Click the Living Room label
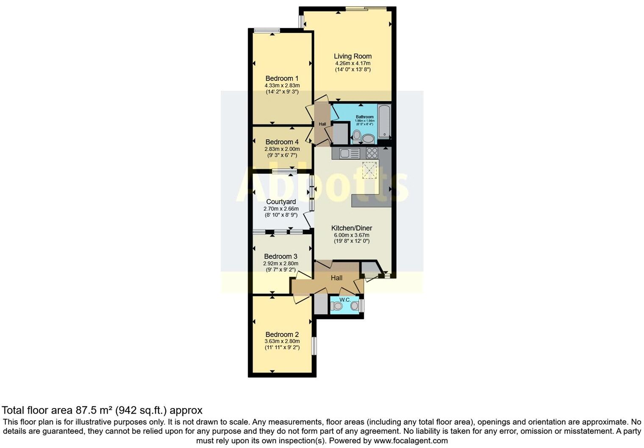pyautogui.click(x=353, y=56)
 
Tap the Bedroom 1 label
pyautogui.click(x=282, y=78)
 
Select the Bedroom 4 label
pyautogui.click(x=282, y=142)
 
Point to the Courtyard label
pyautogui.click(x=281, y=202)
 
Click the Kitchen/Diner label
pyautogui.click(x=351, y=228)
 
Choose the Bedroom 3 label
pyautogui.click(x=280, y=256)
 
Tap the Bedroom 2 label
pyautogui.click(x=282, y=334)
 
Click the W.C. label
pyautogui.click(x=345, y=300)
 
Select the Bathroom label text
pyautogui.click(x=364, y=117)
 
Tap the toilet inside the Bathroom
pyautogui.click(x=356, y=136)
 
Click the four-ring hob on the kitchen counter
pyautogui.click(x=372, y=153)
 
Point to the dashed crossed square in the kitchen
pyautogui.click(x=369, y=170)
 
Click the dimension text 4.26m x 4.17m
pyautogui.click(x=353, y=63)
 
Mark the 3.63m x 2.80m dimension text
pyautogui.click(x=282, y=341)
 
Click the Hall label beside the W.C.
pyautogui.click(x=336, y=278)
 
